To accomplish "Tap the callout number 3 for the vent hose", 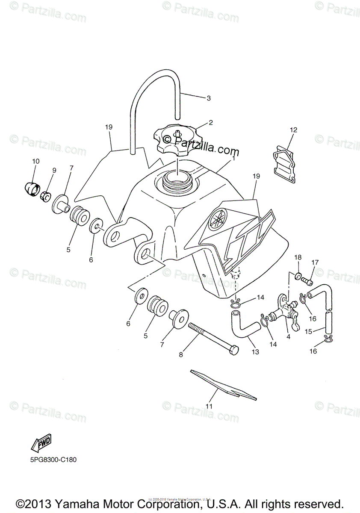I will tap(209, 98).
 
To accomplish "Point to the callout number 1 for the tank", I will tap(234, 158).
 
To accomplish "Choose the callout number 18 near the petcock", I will tap(298, 257).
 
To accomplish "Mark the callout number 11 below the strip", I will tap(210, 406).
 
